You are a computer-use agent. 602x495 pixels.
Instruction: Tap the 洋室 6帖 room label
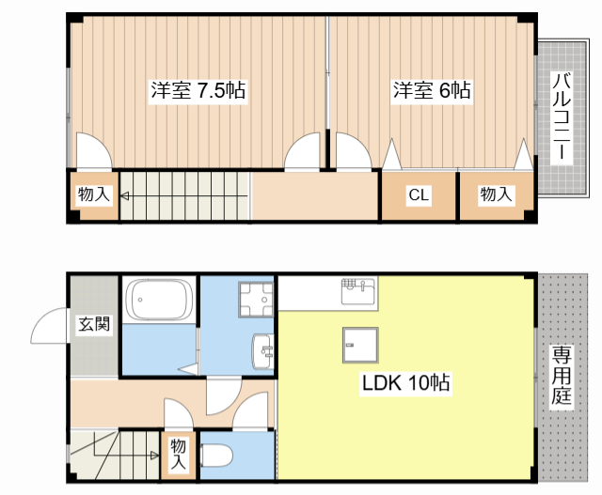(x=432, y=91)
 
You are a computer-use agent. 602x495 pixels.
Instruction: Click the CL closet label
(x=419, y=195)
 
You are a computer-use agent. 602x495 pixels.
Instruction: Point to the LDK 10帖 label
(x=406, y=383)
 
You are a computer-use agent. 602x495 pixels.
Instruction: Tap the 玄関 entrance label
(x=93, y=325)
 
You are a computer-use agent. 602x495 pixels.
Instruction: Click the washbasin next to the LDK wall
(x=262, y=352)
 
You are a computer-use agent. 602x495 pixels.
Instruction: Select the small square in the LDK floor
(x=359, y=345)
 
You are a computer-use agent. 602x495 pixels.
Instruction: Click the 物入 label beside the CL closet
(x=496, y=195)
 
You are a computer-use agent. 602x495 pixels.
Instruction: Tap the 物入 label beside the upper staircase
(x=94, y=195)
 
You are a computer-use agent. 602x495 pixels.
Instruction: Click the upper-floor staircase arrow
(x=183, y=196)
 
